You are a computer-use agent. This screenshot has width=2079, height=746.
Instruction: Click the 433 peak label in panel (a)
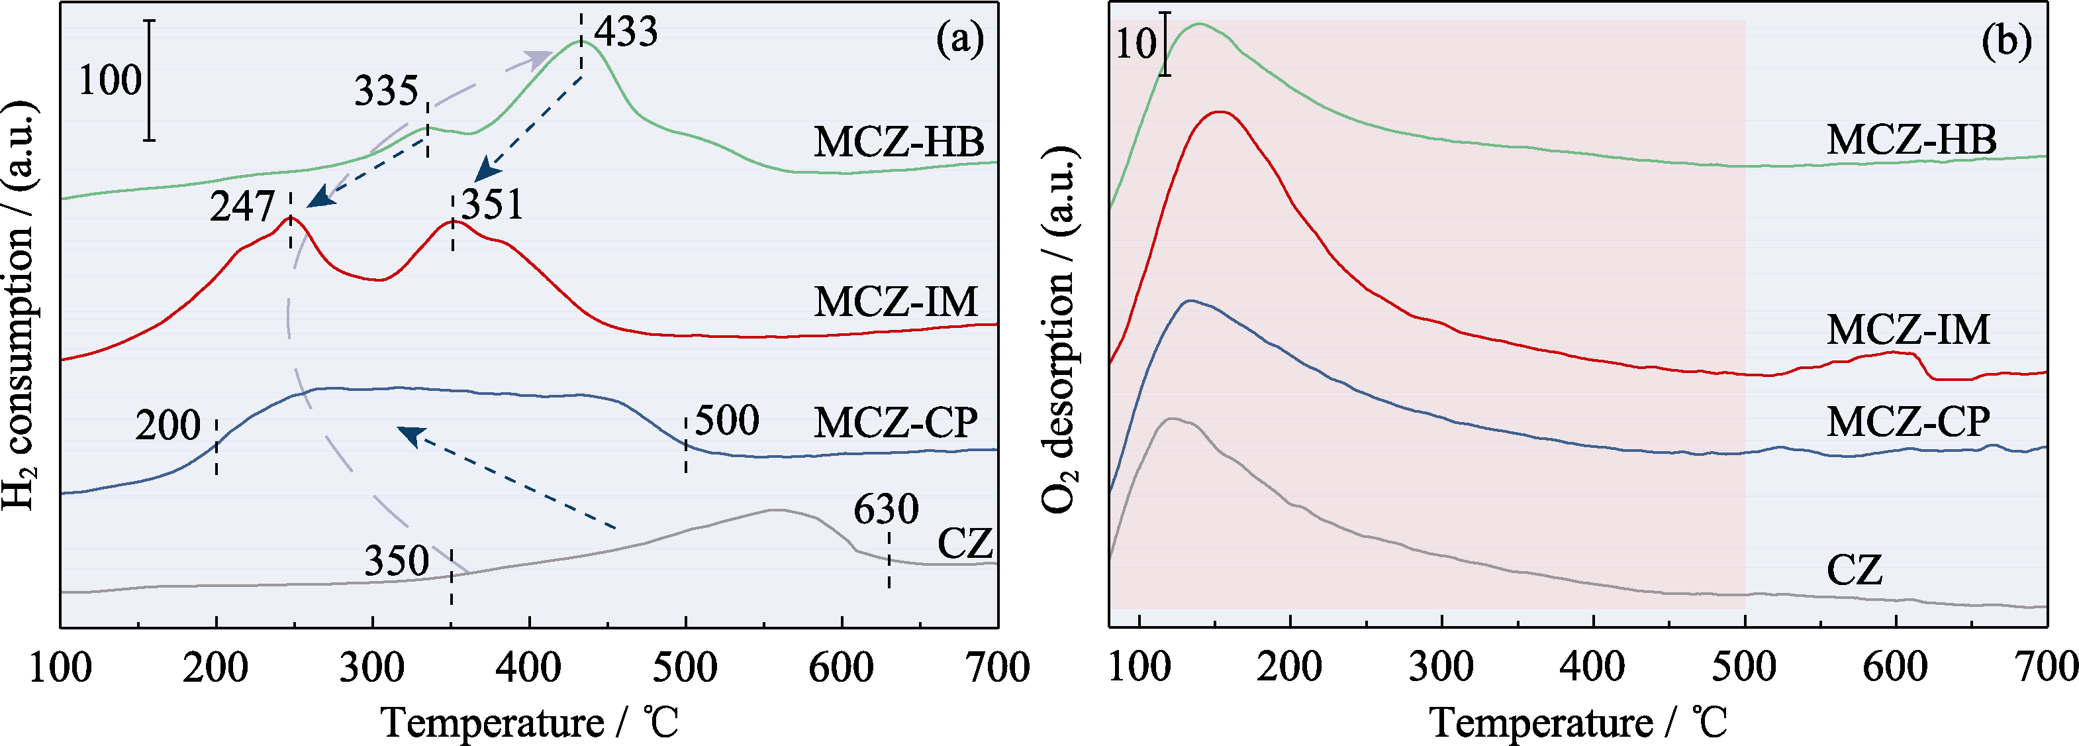coord(626,32)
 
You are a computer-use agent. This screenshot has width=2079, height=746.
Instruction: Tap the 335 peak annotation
coord(386,91)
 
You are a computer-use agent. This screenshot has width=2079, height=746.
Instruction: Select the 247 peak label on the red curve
coord(242,207)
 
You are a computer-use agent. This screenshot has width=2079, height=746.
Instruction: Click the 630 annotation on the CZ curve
coord(885,509)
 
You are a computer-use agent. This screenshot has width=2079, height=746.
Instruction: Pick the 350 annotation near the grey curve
coord(397,561)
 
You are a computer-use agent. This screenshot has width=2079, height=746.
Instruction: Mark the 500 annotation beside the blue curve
coord(726,421)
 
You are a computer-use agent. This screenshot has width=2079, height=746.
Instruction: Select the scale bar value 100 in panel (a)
coord(110,81)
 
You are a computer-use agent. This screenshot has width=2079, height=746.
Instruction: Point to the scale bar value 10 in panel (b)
coord(1136,44)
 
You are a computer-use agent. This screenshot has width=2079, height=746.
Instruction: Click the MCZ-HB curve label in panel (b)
coord(1911,140)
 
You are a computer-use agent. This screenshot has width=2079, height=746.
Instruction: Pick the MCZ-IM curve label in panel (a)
coord(896,303)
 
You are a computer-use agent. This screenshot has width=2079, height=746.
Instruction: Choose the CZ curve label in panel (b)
coord(1855,571)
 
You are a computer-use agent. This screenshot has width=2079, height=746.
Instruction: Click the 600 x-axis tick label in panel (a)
coord(842,668)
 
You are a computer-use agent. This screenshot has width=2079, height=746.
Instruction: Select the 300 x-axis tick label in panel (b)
coord(1441,668)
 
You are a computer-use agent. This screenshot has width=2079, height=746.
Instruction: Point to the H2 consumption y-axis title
coord(19,307)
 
